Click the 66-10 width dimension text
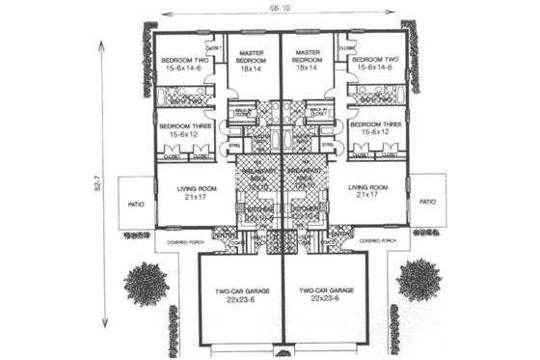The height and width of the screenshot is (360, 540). pyautogui.click(x=281, y=9)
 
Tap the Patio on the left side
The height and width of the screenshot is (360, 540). pyautogui.click(x=136, y=204)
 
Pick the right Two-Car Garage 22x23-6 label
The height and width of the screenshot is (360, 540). pyautogui.click(x=324, y=294)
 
